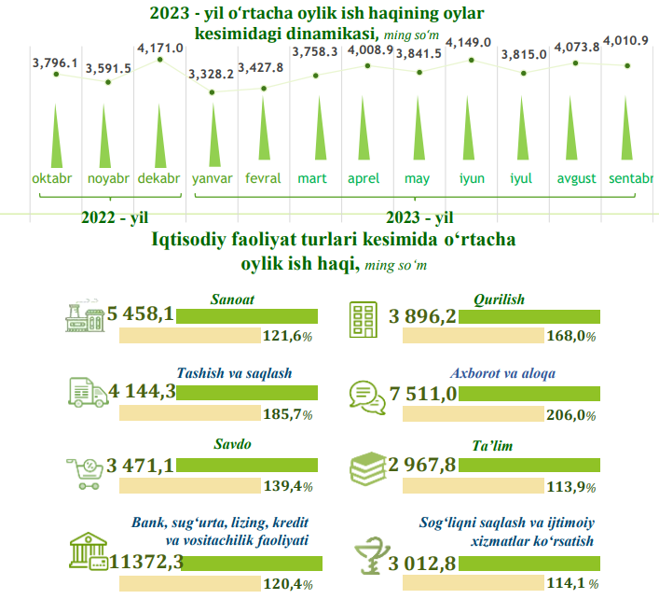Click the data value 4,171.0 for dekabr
pyautogui.click(x=159, y=47)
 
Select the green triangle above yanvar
pyautogui.click(x=212, y=135)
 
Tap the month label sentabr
pyautogui.click(x=629, y=178)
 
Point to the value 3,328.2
pyautogui.click(x=212, y=75)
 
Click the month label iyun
pyautogui.click(x=472, y=178)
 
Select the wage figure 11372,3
pyautogui.click(x=146, y=562)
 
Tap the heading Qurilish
pyautogui.click(x=500, y=299)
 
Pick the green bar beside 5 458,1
pyautogui.click(x=249, y=316)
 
